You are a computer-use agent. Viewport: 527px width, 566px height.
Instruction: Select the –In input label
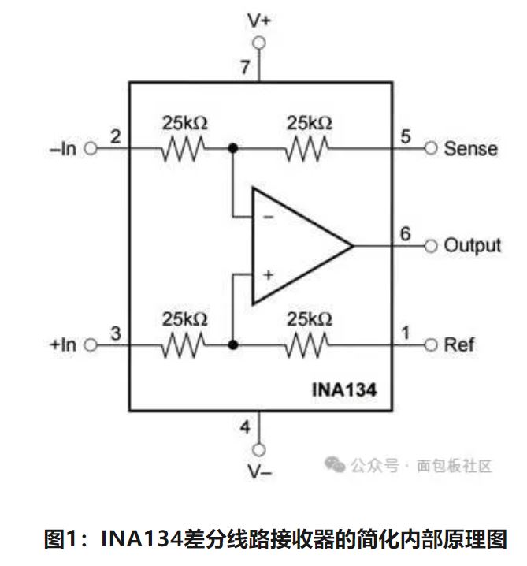pyautogui.click(x=63, y=148)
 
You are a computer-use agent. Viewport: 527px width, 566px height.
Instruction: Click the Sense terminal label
pyautogui.click(x=470, y=148)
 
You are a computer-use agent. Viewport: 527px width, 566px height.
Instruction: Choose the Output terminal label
pyautogui.click(x=472, y=245)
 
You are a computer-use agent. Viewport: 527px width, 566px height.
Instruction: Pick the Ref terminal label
pyautogui.click(x=460, y=344)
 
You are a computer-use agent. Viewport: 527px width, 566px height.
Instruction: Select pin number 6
pyautogui.click(x=405, y=233)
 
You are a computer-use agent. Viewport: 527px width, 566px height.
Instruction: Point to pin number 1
pyautogui.click(x=405, y=333)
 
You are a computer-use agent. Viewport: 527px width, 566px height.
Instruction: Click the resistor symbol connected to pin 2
pyautogui.click(x=184, y=148)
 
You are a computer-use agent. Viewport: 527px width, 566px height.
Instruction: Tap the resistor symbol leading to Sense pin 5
pyautogui.click(x=308, y=148)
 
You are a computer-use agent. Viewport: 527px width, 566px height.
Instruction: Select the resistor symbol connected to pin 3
pyautogui.click(x=184, y=344)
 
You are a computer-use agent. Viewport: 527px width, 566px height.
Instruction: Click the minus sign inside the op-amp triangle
pyautogui.click(x=268, y=216)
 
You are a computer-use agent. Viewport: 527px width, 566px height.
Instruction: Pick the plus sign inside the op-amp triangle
pyautogui.click(x=268, y=275)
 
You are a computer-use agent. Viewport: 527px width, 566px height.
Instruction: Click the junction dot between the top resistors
pyautogui.click(x=233, y=148)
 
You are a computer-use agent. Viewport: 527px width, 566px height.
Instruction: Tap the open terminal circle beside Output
pyautogui.click(x=430, y=246)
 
